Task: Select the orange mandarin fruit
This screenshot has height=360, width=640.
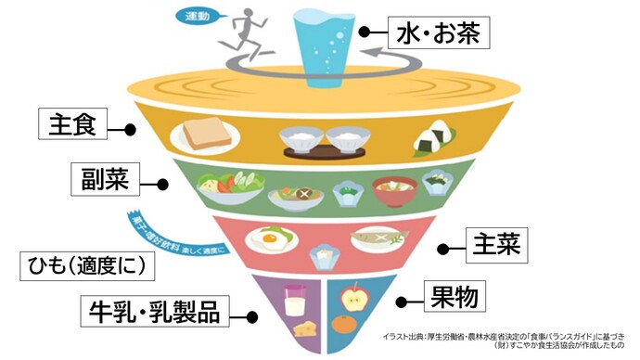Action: [345, 326]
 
